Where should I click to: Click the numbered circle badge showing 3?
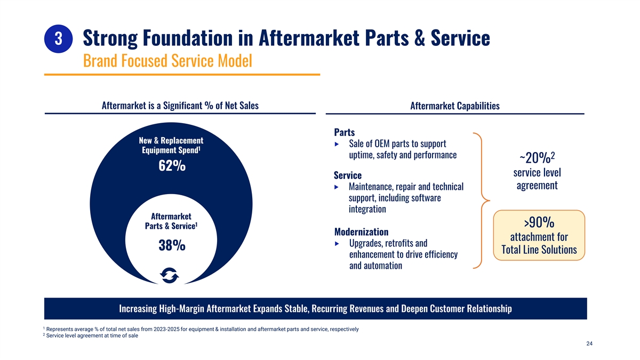tap(58, 38)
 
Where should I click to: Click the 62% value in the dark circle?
tap(172, 166)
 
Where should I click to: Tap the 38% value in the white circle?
tap(172, 245)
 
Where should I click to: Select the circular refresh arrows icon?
tap(170, 275)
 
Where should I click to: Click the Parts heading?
tap(345, 132)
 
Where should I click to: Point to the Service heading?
tap(348, 175)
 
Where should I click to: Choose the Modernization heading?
tap(361, 231)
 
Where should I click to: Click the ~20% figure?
tap(537, 157)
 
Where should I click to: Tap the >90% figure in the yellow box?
tap(539, 222)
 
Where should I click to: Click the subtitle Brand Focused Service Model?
tap(167, 61)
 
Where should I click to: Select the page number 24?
tap(589, 343)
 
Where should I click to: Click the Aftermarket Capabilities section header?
tap(455, 106)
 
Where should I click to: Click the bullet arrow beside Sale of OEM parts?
tap(337, 145)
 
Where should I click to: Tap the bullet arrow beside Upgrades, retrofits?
tap(337, 244)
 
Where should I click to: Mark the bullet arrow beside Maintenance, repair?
tap(337, 187)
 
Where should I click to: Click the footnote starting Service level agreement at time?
tap(91, 335)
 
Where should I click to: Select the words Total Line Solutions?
tap(539, 250)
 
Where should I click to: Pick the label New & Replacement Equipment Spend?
tap(171, 145)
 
